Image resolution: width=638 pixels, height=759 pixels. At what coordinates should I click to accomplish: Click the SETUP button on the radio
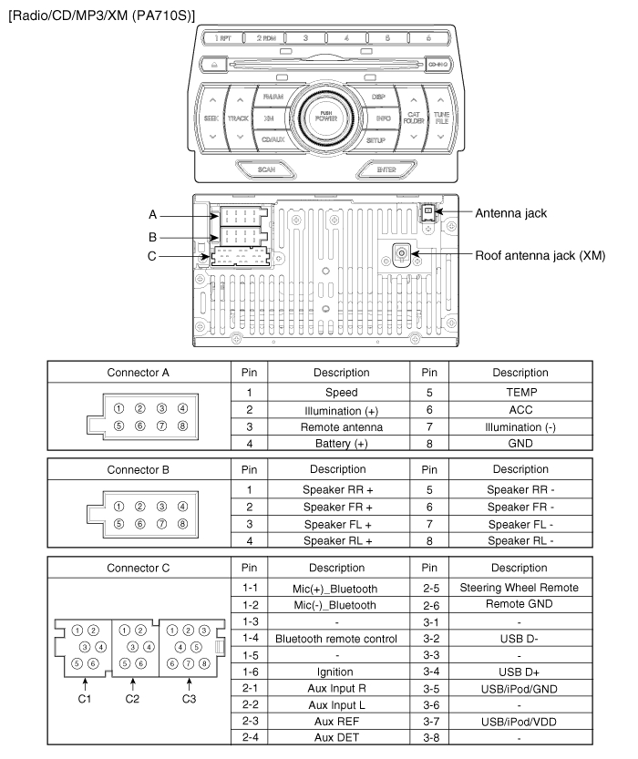(376, 140)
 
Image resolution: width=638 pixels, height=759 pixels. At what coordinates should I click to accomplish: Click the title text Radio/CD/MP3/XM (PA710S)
(102, 12)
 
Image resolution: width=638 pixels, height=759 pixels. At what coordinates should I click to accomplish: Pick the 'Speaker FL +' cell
(342, 524)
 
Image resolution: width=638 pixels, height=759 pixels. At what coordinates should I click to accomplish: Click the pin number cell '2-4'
(249, 739)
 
